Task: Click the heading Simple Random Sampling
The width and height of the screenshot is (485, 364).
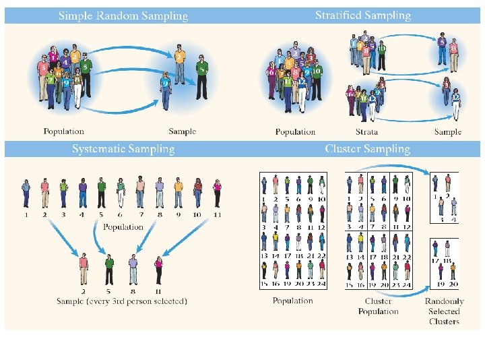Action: click(x=123, y=16)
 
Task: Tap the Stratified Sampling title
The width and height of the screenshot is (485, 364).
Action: click(x=363, y=16)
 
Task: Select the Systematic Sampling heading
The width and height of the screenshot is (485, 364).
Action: click(x=123, y=149)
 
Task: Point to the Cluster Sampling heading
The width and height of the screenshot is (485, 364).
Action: click(x=367, y=149)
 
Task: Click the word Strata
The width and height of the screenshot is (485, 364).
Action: click(x=366, y=132)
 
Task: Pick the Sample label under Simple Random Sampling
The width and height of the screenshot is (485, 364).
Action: click(x=182, y=131)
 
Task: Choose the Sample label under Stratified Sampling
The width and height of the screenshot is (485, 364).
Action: click(x=448, y=132)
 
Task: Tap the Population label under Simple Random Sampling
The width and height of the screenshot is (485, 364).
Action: click(x=64, y=131)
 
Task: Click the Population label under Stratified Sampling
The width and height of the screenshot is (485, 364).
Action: click(x=295, y=132)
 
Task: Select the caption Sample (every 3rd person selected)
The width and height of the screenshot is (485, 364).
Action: click(x=122, y=301)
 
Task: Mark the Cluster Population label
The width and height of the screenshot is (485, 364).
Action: click(x=378, y=306)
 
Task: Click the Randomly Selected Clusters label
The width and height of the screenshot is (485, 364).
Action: click(x=444, y=311)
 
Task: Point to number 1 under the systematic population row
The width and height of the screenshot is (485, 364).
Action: click(x=26, y=215)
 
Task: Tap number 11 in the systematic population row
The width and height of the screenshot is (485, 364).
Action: click(x=216, y=215)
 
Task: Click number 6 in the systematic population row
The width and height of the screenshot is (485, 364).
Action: click(x=121, y=215)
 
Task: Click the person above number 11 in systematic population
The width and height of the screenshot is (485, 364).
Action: click(x=217, y=193)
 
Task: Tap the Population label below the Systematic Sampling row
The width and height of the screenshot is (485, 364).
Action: click(x=123, y=227)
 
